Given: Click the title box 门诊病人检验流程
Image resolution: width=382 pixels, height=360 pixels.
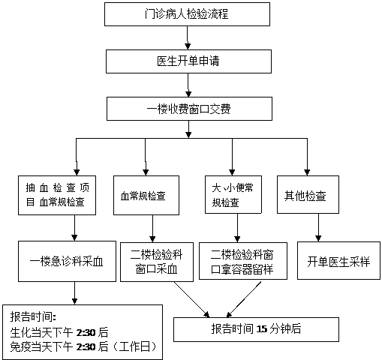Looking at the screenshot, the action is coord(187,14).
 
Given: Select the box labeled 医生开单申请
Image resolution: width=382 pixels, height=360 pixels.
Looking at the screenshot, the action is coord(188,61).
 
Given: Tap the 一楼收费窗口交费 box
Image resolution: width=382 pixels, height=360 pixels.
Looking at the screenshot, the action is coord(189,109).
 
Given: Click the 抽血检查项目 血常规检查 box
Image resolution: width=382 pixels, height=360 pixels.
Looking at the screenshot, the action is coord(57,195).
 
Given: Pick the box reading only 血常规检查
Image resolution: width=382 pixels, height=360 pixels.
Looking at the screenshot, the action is coord(146,195).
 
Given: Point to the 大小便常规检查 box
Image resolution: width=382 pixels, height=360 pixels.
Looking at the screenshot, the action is coord(233,194).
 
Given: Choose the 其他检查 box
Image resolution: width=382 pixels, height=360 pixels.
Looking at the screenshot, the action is coord(308,194).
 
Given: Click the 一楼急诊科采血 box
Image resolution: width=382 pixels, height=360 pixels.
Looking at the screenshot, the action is coord(67,261).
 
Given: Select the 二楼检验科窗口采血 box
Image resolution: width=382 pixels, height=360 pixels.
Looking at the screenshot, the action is coord(157,262).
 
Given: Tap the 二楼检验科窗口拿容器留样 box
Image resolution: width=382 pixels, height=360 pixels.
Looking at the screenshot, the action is coord(243,261).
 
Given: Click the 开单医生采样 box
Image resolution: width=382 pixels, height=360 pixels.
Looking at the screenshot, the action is coord(338,260).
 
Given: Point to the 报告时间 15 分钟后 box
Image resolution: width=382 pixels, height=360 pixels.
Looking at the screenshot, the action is coord(256,329).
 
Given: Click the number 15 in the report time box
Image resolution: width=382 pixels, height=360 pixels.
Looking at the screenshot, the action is coord(262,329).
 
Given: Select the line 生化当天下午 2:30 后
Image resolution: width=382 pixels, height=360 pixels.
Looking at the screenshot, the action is coord(59,333).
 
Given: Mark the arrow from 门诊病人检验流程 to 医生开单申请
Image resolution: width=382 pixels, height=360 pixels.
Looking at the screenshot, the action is coord(188,37).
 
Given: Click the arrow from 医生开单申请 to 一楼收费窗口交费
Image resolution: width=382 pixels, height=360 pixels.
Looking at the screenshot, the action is coord(188,85).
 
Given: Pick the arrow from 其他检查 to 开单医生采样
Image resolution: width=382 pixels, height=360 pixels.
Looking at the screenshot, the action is coord(318,227).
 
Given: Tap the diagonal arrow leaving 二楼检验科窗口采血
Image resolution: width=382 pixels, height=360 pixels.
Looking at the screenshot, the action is coord(192,300).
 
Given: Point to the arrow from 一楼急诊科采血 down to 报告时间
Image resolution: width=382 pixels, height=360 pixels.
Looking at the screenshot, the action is coord(74,293).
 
